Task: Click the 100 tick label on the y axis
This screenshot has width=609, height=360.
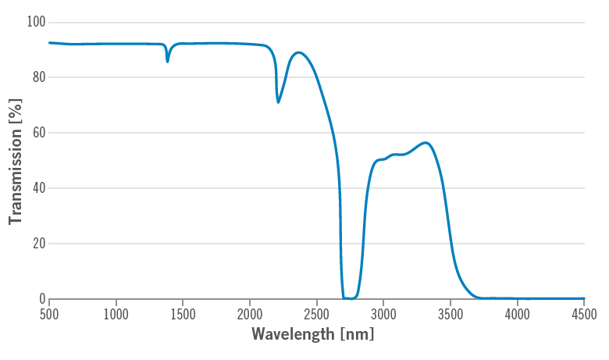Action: click(x=35, y=22)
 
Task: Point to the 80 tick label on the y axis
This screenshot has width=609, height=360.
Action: click(x=37, y=77)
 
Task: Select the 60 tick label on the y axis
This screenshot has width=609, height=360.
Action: click(x=37, y=133)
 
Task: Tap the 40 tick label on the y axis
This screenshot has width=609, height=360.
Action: click(x=37, y=188)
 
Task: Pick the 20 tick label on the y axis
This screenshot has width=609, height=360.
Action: click(x=37, y=244)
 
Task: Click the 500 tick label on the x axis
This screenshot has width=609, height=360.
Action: click(x=49, y=314)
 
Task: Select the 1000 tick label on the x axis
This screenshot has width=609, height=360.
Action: click(x=116, y=314)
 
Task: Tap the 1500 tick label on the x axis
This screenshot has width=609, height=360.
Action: click(x=183, y=314)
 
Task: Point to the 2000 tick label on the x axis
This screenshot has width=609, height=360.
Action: click(x=250, y=314)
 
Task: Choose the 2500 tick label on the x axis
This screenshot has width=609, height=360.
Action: click(x=316, y=314)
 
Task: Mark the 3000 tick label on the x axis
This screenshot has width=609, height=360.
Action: click(x=383, y=314)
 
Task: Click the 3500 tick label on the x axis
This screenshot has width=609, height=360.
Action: click(x=451, y=314)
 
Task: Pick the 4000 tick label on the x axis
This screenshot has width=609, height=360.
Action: click(x=517, y=314)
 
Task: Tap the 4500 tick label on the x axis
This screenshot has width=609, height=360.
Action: click(x=584, y=314)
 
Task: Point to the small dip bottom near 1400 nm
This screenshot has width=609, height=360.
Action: click(x=167, y=62)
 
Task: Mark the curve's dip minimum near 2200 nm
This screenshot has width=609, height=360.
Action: click(x=278, y=102)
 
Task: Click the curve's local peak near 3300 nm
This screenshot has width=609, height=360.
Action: click(x=426, y=143)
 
